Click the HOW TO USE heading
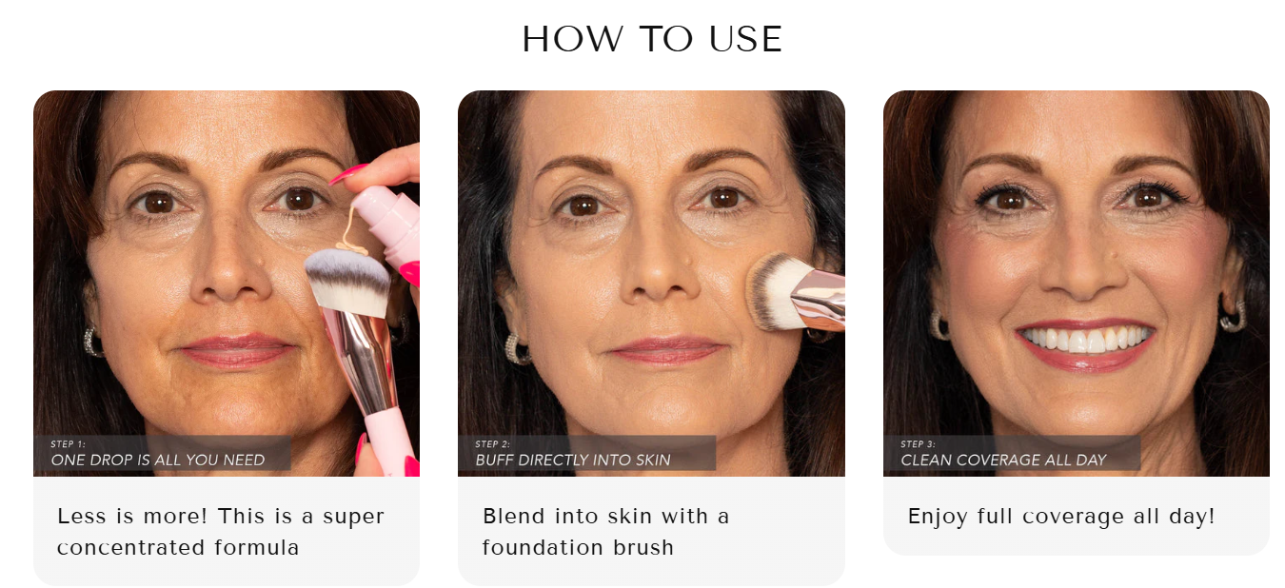click(x=652, y=39)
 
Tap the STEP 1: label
click(x=68, y=444)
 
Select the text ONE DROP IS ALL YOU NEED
click(x=158, y=461)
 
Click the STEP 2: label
click(x=492, y=444)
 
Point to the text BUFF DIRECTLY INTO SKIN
click(x=572, y=461)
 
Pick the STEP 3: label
click(x=918, y=444)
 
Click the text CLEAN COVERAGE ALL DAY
click(x=1003, y=461)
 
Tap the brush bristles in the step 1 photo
click(x=348, y=281)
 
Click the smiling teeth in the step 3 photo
click(x=1083, y=339)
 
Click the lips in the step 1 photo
click(x=236, y=350)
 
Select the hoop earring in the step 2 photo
click(x=518, y=349)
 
